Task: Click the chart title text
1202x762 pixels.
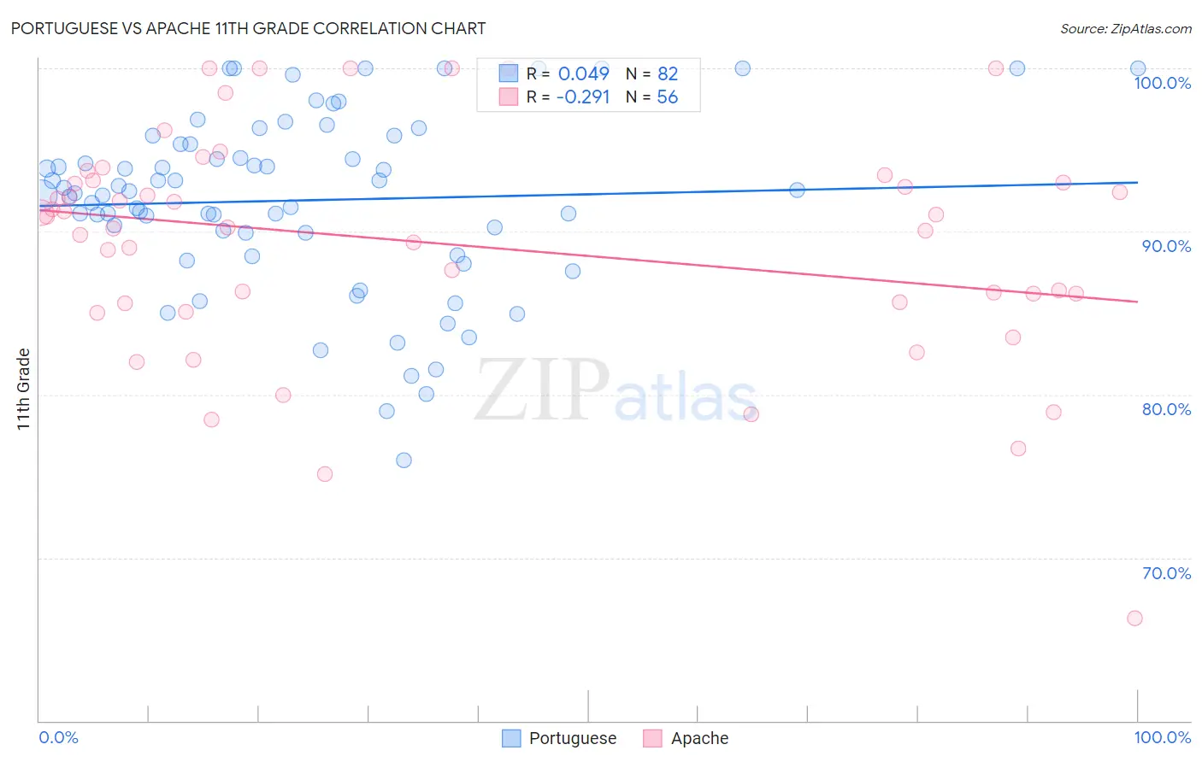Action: coord(248,28)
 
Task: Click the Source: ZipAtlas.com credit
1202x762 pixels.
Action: coord(1125,29)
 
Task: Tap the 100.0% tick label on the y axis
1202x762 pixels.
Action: coord(1162,83)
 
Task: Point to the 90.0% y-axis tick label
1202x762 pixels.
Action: coord(1166,246)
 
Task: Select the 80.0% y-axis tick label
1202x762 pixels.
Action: coord(1166,409)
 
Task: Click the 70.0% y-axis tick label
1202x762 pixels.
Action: coord(1166,573)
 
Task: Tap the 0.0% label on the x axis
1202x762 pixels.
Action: coord(58,737)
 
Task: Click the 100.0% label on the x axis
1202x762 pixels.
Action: coord(1162,737)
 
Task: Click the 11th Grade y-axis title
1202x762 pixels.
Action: coord(24,389)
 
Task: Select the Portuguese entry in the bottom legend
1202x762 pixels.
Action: coord(572,738)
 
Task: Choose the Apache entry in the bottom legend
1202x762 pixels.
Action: coord(699,738)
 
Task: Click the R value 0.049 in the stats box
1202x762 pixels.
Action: coord(583,73)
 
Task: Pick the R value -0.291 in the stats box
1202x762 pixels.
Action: coord(582,97)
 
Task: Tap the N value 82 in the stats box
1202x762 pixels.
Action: coord(667,73)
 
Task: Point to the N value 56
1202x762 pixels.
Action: coord(667,97)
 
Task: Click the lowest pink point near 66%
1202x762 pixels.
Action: coord(1134,618)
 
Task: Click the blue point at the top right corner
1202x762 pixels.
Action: coord(1138,68)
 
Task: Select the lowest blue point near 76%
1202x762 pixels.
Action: coord(404,460)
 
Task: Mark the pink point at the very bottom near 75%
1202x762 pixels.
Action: coord(325,474)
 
